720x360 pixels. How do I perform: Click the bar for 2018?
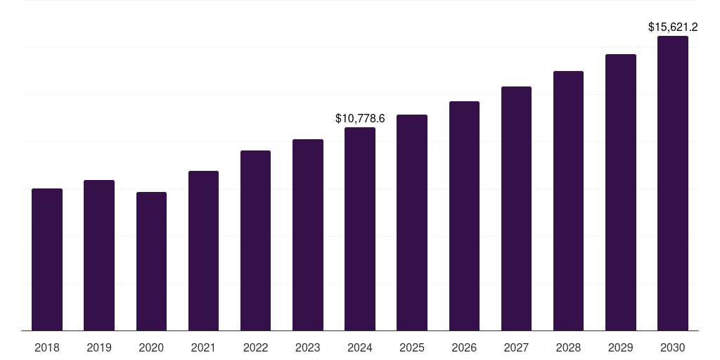(47, 260)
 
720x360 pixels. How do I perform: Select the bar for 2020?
(151, 262)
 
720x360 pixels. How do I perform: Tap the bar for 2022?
(255, 240)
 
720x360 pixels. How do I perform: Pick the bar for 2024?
(360, 229)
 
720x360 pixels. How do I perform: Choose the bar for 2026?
(464, 216)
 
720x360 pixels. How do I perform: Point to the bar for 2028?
(568, 201)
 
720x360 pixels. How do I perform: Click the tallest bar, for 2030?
(673, 184)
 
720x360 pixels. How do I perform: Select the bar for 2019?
(99, 255)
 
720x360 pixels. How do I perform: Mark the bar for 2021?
(203, 251)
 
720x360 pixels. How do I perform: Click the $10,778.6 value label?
(360, 119)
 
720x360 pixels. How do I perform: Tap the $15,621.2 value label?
(673, 27)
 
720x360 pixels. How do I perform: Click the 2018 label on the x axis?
(47, 347)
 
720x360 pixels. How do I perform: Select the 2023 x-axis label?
(308, 347)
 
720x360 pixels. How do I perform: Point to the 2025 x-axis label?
(412, 347)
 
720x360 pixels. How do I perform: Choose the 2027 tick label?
(516, 347)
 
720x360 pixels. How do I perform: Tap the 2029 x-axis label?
(620, 347)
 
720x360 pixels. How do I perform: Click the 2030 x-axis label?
(673, 347)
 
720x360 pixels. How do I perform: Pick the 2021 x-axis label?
(203, 347)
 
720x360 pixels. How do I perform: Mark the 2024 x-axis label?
(360, 347)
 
